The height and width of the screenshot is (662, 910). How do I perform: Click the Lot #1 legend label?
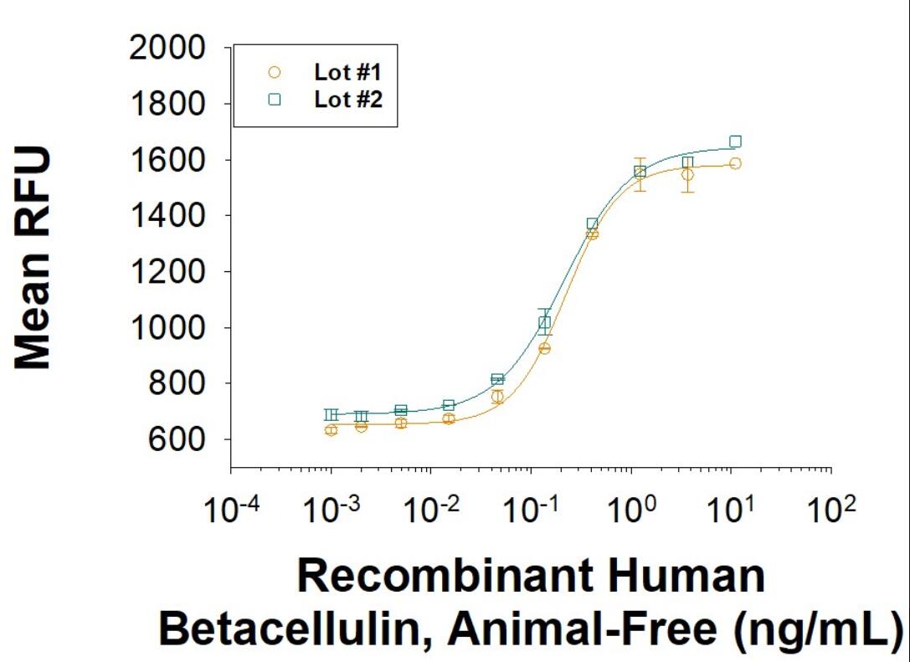342,72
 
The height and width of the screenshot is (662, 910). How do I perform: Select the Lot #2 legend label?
342,100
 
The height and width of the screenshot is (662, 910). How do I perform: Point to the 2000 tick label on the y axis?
168,49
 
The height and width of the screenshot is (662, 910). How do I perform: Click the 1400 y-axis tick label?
168,216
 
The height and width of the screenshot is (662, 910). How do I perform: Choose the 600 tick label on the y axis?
175,439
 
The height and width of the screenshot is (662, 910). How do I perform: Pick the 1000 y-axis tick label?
168,328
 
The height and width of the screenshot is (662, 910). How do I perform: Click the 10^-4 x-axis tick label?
230,511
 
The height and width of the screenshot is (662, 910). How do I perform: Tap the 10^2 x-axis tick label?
832,511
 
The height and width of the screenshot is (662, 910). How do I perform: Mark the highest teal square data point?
735,141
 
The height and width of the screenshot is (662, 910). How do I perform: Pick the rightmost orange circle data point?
735,163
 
